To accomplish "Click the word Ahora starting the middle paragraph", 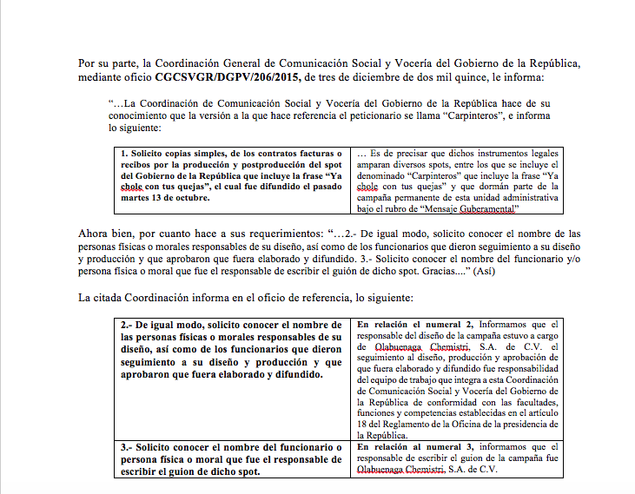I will click(x=94, y=234).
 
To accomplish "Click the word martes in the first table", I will click(x=137, y=198).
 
